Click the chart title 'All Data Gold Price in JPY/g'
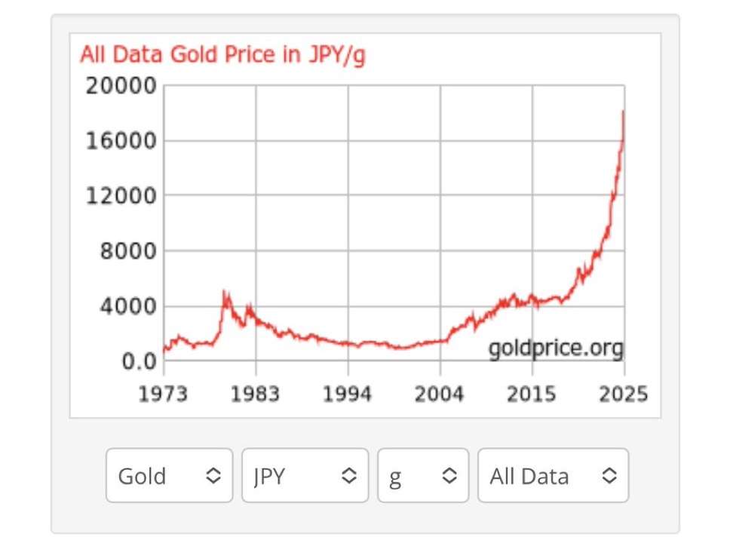point(222,55)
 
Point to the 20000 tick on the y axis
point(121,85)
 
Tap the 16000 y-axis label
point(121,141)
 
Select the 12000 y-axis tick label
point(121,196)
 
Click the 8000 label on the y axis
point(127,251)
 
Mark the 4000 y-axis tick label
point(127,306)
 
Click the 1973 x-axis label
point(163,394)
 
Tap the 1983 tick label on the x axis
point(255,394)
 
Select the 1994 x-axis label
point(348,394)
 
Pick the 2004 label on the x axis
point(440,394)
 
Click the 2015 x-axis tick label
point(532,394)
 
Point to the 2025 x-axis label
point(623,394)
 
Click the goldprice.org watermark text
point(556,348)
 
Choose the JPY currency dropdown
point(305,476)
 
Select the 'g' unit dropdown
point(423,476)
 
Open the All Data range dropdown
point(553,476)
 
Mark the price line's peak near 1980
point(224,291)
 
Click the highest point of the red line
point(623,111)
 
